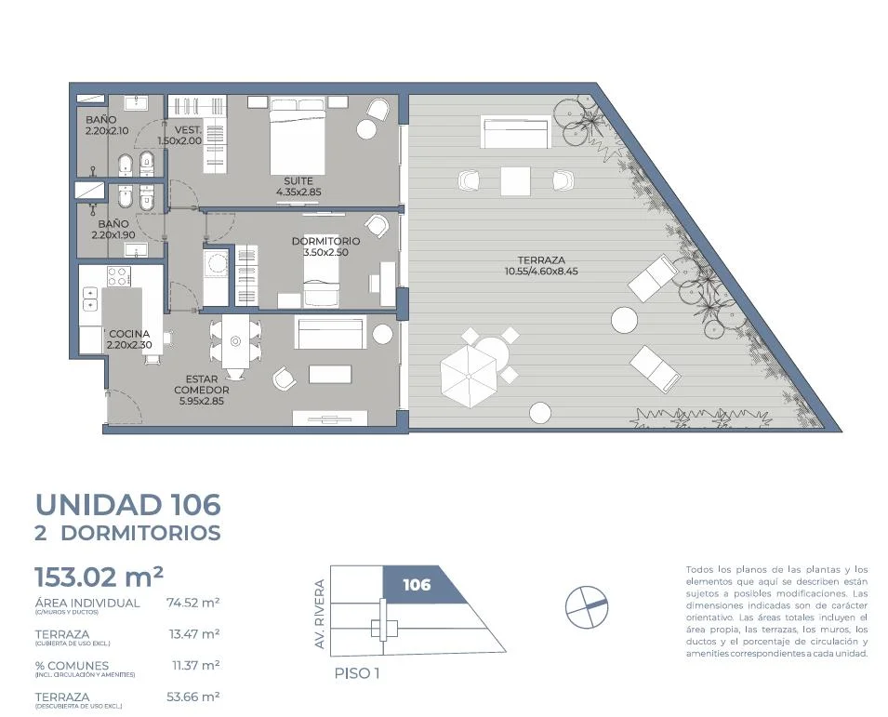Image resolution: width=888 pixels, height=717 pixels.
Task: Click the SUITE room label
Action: [x=298, y=180]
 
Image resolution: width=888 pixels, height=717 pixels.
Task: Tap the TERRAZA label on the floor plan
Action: [x=541, y=260]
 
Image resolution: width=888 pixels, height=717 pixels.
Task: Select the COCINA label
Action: [x=129, y=334]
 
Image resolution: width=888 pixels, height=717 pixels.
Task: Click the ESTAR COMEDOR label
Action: [x=202, y=385]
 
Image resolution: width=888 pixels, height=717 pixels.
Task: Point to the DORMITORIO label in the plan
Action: [x=325, y=241]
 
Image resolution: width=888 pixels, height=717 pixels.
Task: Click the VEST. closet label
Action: [x=188, y=130]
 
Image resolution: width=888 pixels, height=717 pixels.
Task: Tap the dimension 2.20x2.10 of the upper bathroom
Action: [x=107, y=131]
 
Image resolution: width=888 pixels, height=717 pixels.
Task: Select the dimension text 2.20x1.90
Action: [x=113, y=235]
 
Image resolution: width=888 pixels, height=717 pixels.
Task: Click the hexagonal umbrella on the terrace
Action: [x=469, y=376]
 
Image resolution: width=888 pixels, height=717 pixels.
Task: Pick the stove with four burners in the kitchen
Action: [x=118, y=277]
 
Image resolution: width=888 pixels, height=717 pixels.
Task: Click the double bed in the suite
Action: [x=298, y=137]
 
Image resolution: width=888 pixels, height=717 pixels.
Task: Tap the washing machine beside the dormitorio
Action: [x=216, y=263]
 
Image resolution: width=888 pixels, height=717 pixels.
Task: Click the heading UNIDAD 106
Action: [x=128, y=504]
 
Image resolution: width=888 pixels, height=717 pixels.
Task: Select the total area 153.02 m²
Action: [x=99, y=578]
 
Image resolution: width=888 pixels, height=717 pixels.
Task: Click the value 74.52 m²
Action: [x=193, y=603]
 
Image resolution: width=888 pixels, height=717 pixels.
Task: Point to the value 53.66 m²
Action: [x=193, y=697]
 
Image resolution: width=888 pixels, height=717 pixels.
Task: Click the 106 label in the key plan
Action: [x=417, y=584]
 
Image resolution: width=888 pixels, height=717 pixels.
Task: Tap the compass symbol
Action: [x=587, y=606]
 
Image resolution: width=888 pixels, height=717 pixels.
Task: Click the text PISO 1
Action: [x=357, y=673]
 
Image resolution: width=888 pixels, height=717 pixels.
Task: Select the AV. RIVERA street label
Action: [x=320, y=615]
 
